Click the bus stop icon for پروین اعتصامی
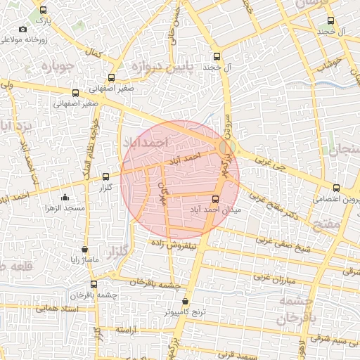(x=336, y=188)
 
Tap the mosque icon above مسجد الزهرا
(x=65, y=198)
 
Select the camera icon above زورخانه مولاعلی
(x=23, y=29)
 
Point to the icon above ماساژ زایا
(x=85, y=248)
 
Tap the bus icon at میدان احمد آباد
(x=215, y=199)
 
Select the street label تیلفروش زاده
(x=175, y=242)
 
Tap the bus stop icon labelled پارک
(x=44, y=11)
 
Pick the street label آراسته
(x=124, y=328)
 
